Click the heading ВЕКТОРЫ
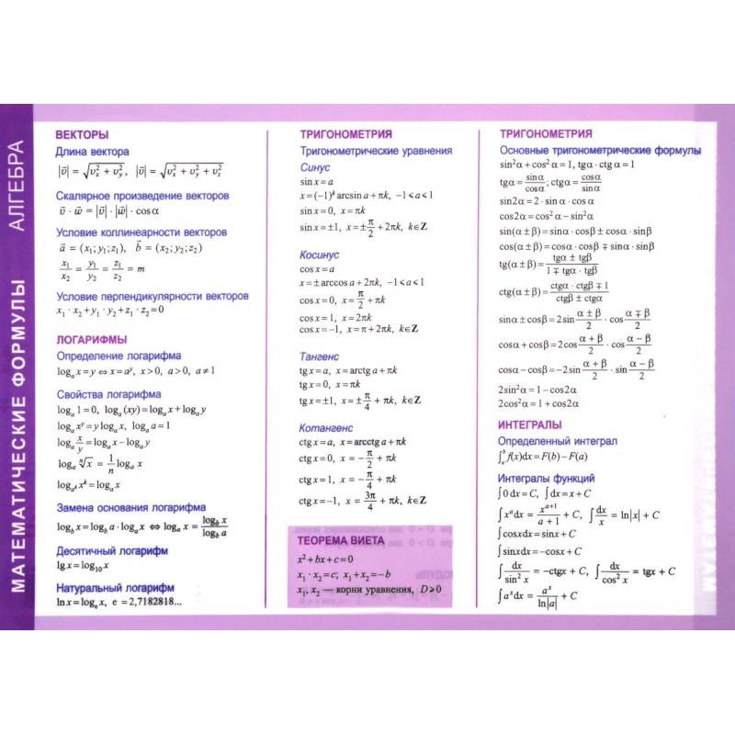82,133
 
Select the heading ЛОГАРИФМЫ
90,338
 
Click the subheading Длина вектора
93,152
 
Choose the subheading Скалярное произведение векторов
142,196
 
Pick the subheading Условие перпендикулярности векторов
153,297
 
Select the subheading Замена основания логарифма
143,507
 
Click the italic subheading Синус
316,168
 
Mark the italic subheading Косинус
320,254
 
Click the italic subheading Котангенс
325,427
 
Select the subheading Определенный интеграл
558,442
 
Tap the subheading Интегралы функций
547,479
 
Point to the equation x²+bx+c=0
325,559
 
